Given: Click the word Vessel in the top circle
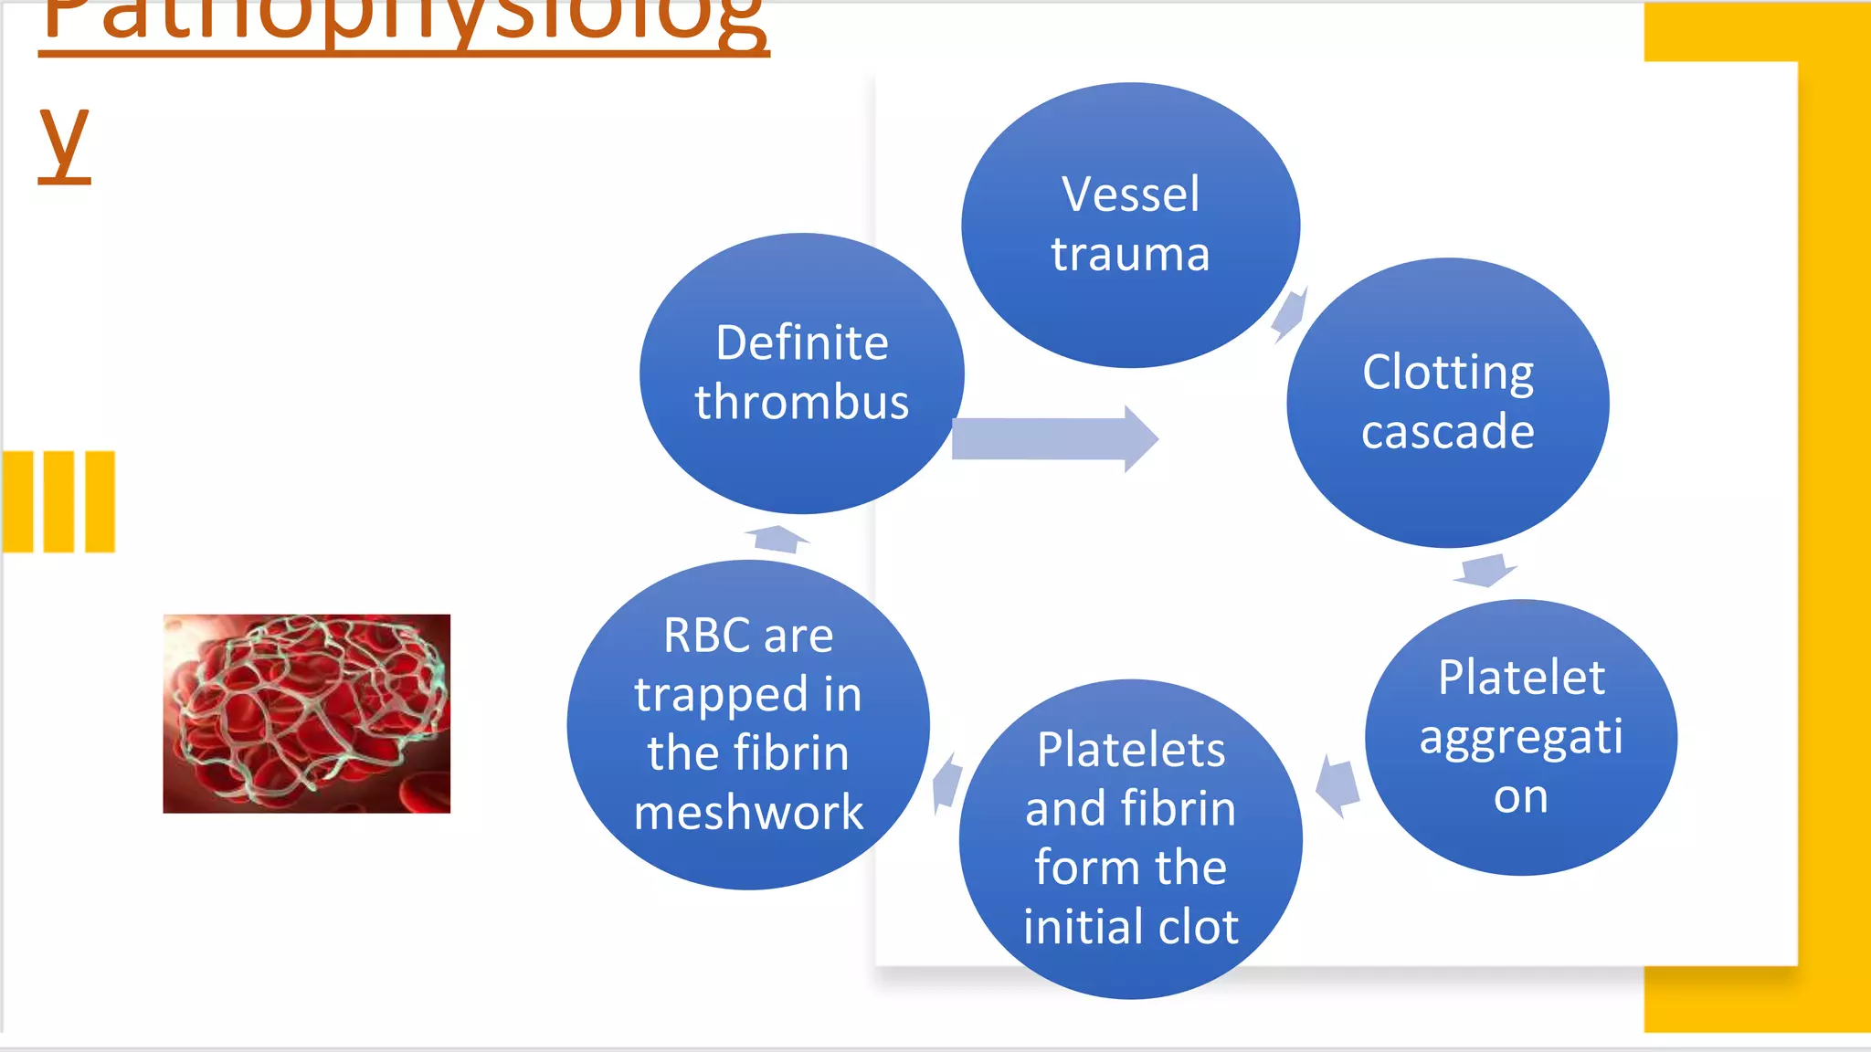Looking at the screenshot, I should pos(1130,195).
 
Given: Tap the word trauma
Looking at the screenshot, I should pos(1130,254).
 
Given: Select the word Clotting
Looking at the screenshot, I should pos(1447,373).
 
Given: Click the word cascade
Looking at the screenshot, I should pos(1447,431).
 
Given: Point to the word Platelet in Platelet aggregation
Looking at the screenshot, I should pos(1521,678).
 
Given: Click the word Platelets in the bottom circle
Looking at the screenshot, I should pos(1130,751).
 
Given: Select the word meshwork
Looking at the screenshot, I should pos(748,812).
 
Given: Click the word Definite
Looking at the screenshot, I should pos(801,343).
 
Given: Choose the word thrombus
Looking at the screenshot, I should pos(801,403).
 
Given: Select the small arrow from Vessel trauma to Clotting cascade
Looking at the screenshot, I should pos(1289,314).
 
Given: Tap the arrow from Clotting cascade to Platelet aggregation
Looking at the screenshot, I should pos(1485,570).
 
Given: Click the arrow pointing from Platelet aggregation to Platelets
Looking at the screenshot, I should pos(1338,785).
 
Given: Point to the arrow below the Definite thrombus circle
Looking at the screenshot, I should pos(777,539).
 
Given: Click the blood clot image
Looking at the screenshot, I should pos(306,713).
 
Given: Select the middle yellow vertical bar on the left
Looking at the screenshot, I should pos(58,501).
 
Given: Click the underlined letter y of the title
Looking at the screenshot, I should pos(64,142).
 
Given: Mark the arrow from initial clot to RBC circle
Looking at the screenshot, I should pos(947,784).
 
